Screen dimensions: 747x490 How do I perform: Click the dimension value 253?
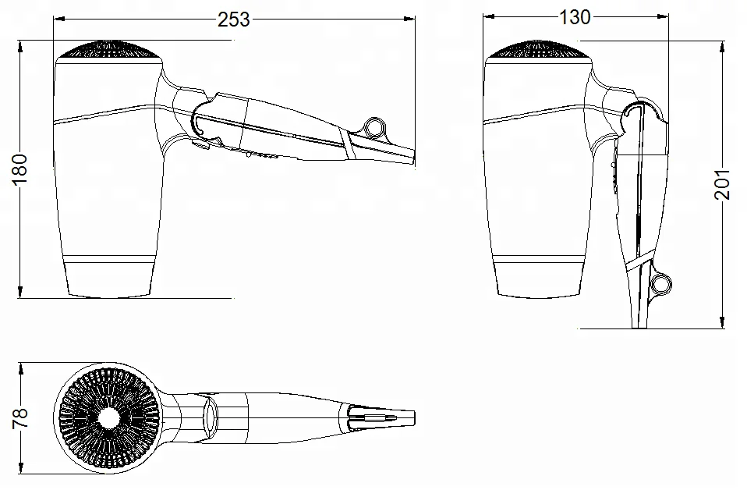(233, 20)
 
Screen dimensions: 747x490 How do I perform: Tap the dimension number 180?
(20, 169)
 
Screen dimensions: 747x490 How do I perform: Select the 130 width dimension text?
(575, 17)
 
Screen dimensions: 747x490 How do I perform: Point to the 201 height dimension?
(724, 184)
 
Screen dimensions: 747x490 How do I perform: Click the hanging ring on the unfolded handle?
(375, 126)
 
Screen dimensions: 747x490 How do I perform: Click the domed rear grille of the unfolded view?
(109, 50)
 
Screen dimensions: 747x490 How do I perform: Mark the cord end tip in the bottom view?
(405, 418)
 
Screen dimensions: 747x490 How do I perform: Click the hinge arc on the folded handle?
(641, 109)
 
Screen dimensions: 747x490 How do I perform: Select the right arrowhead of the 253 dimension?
(410, 17)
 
